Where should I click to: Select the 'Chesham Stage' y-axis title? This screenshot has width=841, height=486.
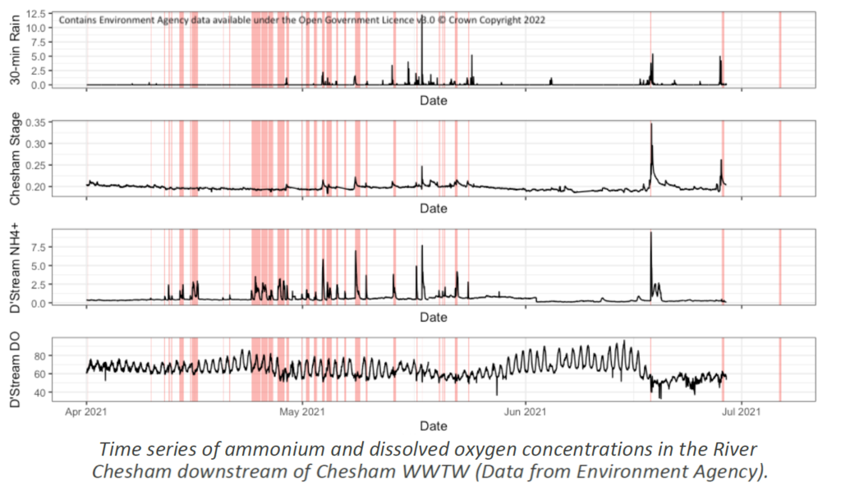[x=15, y=161]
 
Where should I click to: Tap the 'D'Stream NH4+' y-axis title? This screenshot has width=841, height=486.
[x=15, y=270]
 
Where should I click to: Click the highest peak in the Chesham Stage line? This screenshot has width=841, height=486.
[x=650, y=125]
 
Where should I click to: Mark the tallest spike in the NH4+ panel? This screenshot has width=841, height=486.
[x=650, y=233]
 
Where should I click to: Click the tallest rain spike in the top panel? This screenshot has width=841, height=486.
[x=422, y=16]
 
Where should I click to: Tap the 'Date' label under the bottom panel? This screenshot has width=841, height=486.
[x=433, y=425]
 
